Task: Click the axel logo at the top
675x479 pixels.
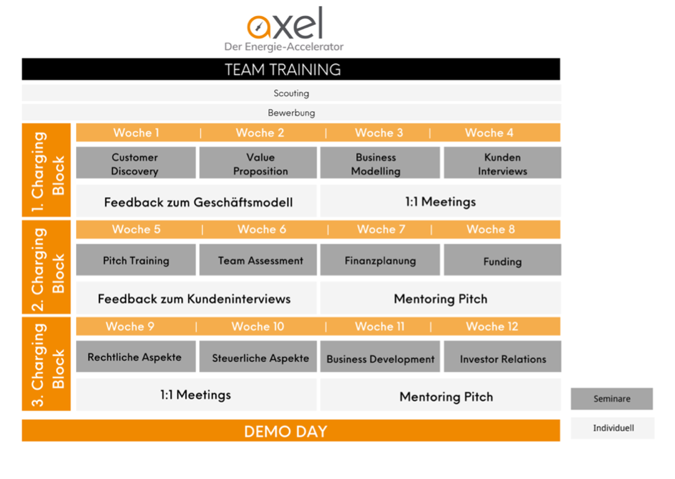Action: [284, 29]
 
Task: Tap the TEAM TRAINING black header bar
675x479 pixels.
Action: [291, 69]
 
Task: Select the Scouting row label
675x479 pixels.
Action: [291, 93]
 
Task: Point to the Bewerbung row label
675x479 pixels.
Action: [291, 113]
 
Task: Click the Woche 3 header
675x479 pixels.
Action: [379, 133]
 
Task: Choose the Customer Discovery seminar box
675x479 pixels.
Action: [136, 163]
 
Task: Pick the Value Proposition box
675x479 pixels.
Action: [258, 163]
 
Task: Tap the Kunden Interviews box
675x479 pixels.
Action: [503, 163]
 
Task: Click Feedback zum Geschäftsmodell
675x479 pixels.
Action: [198, 202]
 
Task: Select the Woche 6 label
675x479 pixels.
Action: [262, 229]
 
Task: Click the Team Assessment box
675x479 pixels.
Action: [258, 260]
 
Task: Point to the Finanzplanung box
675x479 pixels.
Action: [380, 260]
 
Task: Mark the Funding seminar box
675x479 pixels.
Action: [503, 260]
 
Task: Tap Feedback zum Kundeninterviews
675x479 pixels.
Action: [194, 299]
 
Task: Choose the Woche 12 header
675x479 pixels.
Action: [492, 327]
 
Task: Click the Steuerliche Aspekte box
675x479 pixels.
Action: [258, 357]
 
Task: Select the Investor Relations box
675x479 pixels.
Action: [503, 357]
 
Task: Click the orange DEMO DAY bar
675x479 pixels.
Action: [291, 431]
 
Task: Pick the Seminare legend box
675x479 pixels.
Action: [611, 399]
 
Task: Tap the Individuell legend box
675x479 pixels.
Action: [613, 428]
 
